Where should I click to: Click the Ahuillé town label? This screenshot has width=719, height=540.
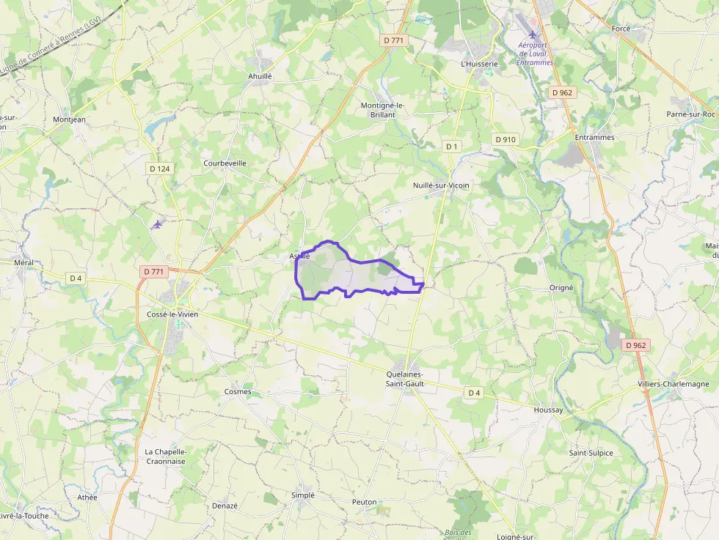click(x=260, y=75)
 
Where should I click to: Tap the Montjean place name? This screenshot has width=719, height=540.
click(x=69, y=119)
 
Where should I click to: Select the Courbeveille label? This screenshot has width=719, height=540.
click(x=225, y=163)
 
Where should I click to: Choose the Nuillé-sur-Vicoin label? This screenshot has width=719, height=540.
click(x=441, y=185)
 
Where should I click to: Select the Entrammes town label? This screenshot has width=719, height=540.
click(x=594, y=137)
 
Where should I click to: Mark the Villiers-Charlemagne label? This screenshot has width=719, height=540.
click(x=674, y=384)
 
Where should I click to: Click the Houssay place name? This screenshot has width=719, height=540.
click(x=548, y=410)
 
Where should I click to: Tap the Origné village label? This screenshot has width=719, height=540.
click(x=561, y=288)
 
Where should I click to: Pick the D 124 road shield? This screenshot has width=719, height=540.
click(x=159, y=169)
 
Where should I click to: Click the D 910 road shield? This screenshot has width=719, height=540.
click(x=506, y=139)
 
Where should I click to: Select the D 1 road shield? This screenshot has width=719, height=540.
click(x=451, y=147)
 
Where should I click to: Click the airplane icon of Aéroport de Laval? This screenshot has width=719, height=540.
click(x=533, y=35)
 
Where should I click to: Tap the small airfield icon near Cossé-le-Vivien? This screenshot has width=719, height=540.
click(x=157, y=224)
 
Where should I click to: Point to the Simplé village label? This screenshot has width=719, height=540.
click(x=302, y=495)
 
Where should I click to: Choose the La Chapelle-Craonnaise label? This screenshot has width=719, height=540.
click(x=165, y=456)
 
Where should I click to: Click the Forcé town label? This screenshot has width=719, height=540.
click(x=621, y=28)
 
